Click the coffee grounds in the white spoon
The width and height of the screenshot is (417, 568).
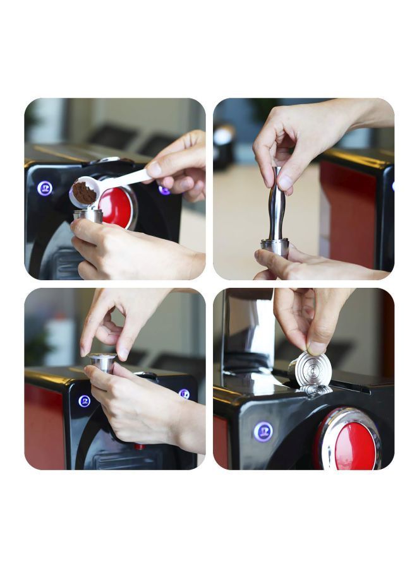tap(84, 192)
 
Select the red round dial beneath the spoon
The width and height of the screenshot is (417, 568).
tap(118, 207)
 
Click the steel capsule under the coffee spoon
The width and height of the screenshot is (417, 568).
tap(88, 215)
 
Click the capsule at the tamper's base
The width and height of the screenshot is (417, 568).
tap(275, 246)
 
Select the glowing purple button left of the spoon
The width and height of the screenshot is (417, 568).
tap(45, 188)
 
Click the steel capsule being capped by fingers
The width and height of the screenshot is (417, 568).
tap(102, 362)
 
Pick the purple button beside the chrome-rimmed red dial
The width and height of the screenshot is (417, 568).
tap(263, 432)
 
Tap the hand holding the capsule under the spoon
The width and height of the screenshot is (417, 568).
tap(133, 249)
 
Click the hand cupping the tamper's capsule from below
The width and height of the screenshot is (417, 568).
tap(316, 265)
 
